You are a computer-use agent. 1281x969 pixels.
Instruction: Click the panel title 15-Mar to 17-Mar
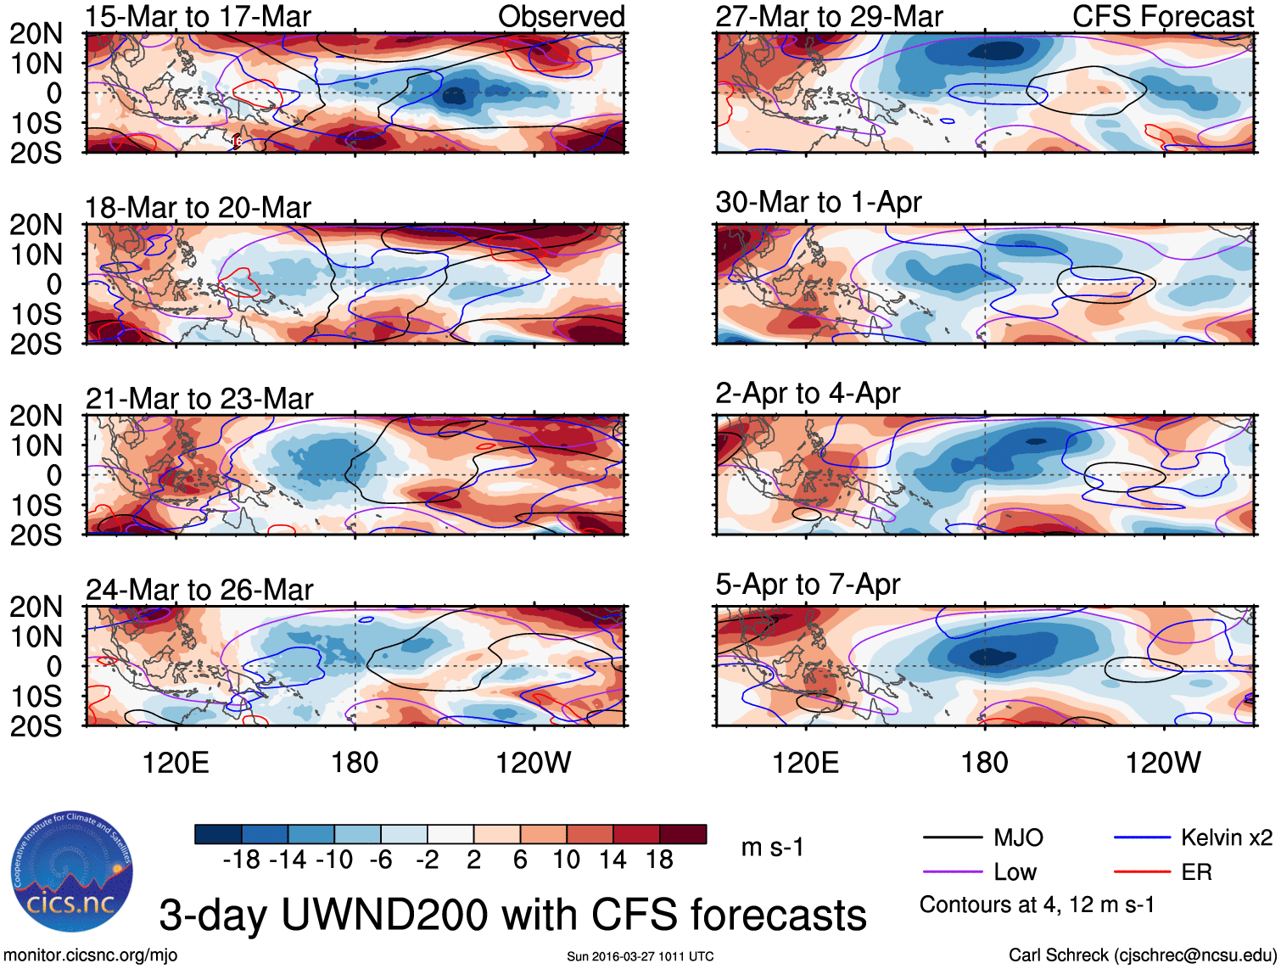(x=198, y=16)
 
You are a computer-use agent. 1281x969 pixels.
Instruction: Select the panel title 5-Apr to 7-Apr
(x=808, y=584)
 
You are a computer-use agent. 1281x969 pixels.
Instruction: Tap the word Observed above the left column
(x=561, y=16)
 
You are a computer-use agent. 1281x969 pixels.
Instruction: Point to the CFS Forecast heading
(x=1162, y=16)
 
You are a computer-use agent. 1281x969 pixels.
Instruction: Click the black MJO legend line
(x=952, y=837)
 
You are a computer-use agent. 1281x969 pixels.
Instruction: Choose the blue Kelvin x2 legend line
(x=1142, y=837)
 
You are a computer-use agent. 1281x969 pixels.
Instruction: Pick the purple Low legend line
(x=952, y=871)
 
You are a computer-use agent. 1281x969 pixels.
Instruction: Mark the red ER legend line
(x=1142, y=871)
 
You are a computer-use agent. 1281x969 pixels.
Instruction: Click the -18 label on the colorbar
(x=241, y=860)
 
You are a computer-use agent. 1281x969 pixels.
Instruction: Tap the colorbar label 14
(x=613, y=860)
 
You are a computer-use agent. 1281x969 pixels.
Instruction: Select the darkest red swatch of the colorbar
(x=683, y=834)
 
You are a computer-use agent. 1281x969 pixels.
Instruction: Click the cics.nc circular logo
(x=72, y=872)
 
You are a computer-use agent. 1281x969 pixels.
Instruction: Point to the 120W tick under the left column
(x=534, y=762)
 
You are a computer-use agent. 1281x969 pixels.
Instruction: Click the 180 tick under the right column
(x=984, y=762)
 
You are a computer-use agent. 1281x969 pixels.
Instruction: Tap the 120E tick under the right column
(x=805, y=762)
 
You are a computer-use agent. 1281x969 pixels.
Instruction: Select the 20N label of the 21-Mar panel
(x=36, y=416)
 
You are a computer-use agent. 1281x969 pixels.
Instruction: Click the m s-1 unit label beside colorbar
(x=772, y=847)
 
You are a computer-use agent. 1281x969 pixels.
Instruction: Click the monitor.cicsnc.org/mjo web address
(x=91, y=955)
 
